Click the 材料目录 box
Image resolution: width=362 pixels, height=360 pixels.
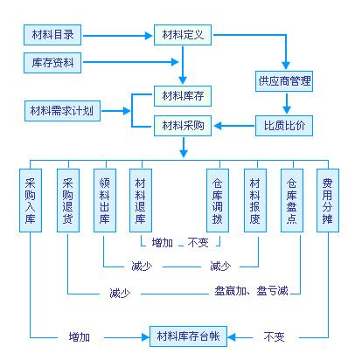pyautogui.click(x=52, y=35)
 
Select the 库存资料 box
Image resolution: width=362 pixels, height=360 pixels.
pyautogui.click(x=52, y=63)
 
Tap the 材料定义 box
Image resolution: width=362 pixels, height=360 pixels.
pyautogui.click(x=183, y=35)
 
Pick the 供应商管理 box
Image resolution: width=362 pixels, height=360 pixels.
pyautogui.click(x=284, y=81)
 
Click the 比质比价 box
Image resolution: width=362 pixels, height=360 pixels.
pyautogui.click(x=284, y=126)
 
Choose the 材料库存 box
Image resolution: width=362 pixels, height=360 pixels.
pyautogui.click(x=183, y=96)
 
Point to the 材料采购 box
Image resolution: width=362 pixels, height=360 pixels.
pyautogui.click(x=183, y=126)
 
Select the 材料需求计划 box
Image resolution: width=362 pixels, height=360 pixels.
pyautogui.click(x=62, y=111)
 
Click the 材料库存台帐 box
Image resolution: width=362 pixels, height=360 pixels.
pyautogui.click(x=188, y=336)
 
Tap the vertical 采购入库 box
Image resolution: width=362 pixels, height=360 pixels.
pyautogui.click(x=31, y=200)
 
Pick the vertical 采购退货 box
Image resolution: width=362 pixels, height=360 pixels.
pyautogui.click(x=68, y=200)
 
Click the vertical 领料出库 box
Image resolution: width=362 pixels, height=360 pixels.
pyautogui.click(x=105, y=200)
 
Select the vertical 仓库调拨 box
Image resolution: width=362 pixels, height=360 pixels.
pyautogui.click(x=218, y=200)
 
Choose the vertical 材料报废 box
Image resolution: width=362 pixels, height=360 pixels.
pyautogui.click(x=255, y=200)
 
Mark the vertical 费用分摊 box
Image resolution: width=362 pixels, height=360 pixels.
pyautogui.click(x=328, y=200)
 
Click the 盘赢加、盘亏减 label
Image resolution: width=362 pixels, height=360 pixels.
pyautogui.click(x=251, y=291)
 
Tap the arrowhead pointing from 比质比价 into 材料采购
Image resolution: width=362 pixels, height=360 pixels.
pyautogui.click(x=218, y=126)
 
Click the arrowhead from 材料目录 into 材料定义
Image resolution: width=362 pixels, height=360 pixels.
pyautogui.click(x=149, y=36)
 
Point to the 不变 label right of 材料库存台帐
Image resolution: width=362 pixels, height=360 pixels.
pyautogui.click(x=274, y=337)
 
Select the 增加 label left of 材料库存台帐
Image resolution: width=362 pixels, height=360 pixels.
pyautogui.click(x=80, y=337)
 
